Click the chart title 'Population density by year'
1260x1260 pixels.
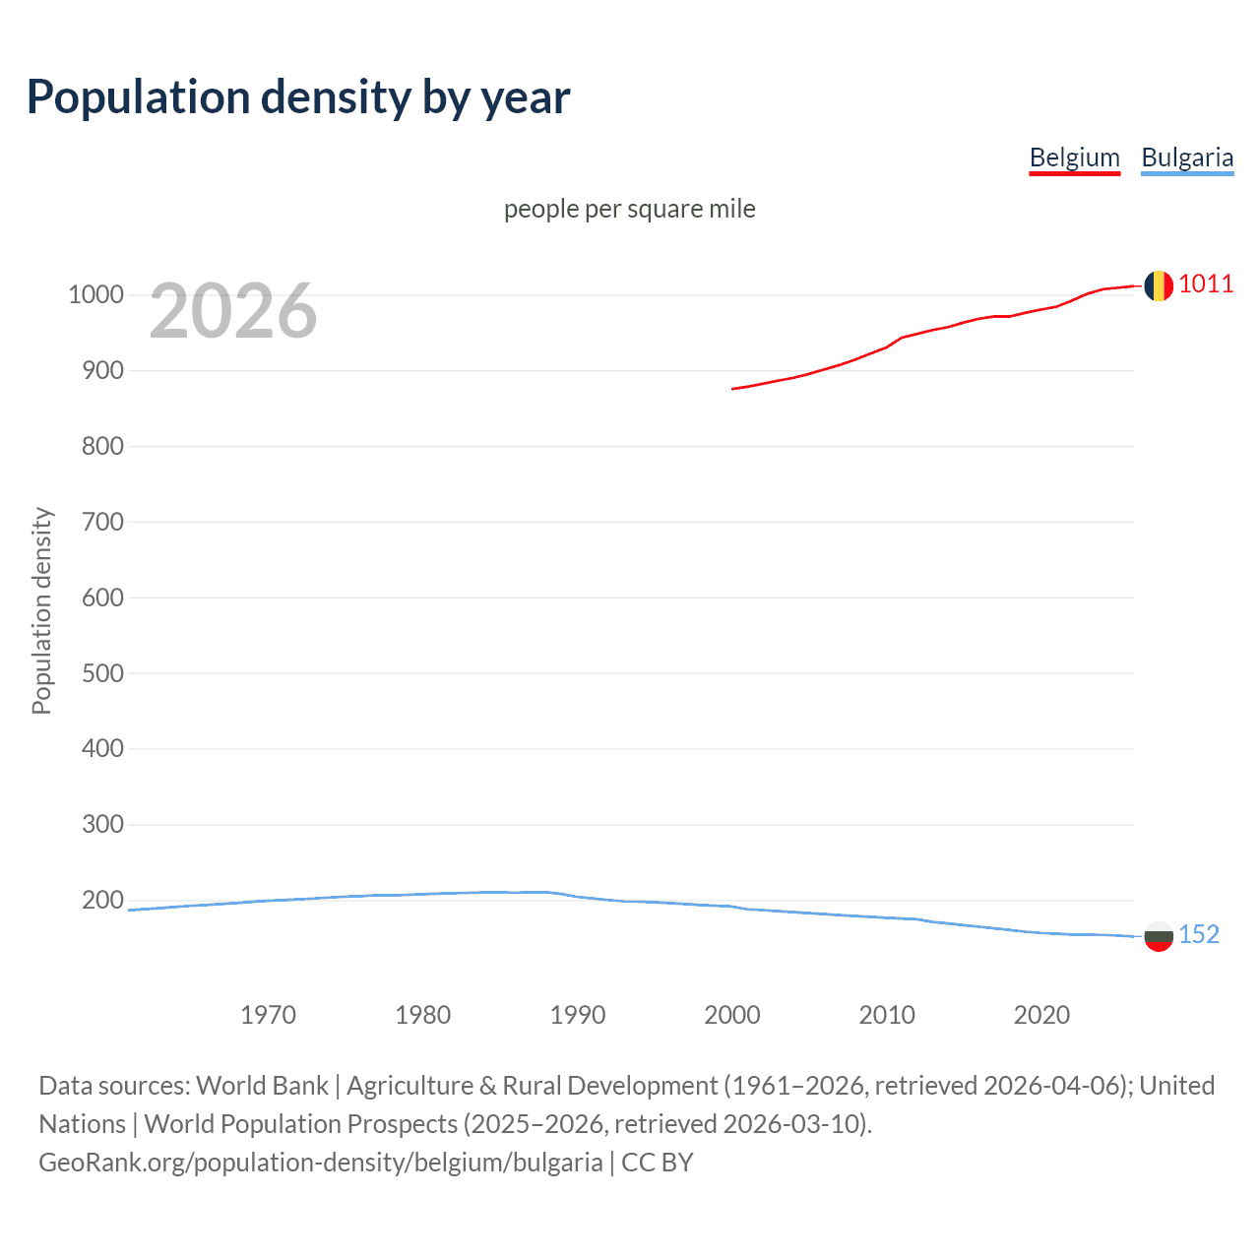[x=298, y=97]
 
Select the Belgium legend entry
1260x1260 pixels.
[x=1074, y=157]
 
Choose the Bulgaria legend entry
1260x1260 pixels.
[x=1186, y=157]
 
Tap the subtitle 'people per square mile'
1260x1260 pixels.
[x=629, y=209]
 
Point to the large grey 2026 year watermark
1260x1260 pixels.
[x=233, y=311]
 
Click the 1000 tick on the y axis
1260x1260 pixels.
[x=95, y=295]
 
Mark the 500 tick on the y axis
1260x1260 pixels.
[x=102, y=673]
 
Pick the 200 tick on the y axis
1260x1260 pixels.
[x=102, y=900]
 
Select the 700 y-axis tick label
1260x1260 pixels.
[x=102, y=522]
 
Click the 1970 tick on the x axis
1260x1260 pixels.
[x=268, y=1015]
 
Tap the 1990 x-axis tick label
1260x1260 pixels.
[x=577, y=1015]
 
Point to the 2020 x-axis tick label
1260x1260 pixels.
[x=1041, y=1015]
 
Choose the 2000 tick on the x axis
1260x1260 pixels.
[x=731, y=1015]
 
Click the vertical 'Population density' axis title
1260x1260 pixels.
[x=41, y=610]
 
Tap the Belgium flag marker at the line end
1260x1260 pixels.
[x=1158, y=285]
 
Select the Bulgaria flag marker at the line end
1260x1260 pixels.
[x=1158, y=936]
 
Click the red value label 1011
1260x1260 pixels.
[x=1206, y=284]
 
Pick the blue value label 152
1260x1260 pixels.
[x=1199, y=934]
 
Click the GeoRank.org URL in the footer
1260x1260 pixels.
[x=320, y=1163]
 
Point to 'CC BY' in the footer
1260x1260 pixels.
[x=658, y=1163]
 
